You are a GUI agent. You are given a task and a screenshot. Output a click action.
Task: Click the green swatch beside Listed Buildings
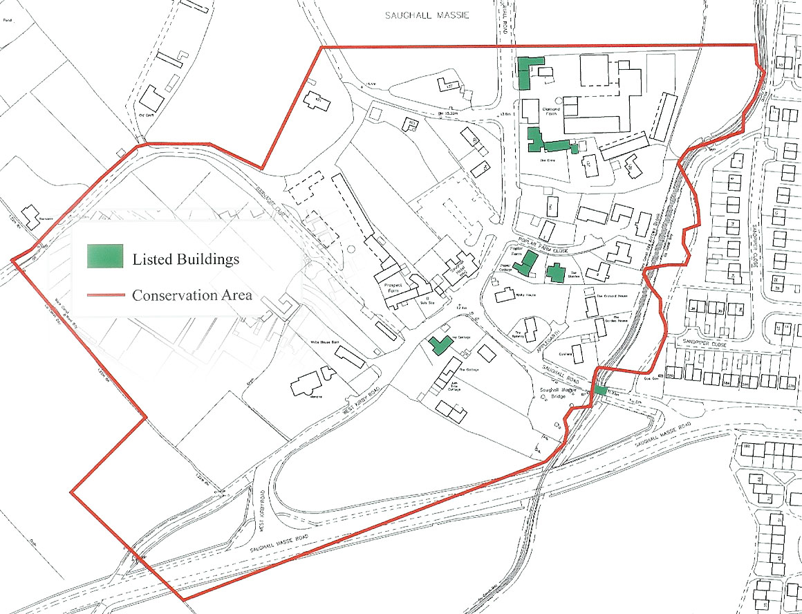(x=105, y=256)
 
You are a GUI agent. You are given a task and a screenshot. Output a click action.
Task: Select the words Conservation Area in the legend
(x=192, y=295)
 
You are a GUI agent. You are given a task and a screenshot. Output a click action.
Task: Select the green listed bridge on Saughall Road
(x=600, y=391)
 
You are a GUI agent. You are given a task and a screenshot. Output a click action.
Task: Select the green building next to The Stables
(x=555, y=272)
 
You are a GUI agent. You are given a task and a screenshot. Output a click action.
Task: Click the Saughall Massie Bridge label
(x=557, y=393)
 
